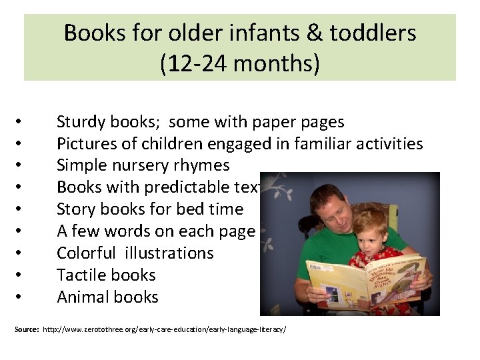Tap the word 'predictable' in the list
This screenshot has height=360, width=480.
coord(188,187)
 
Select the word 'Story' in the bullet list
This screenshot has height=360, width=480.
coord(75,209)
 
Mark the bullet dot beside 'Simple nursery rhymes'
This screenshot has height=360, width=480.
coord(21,166)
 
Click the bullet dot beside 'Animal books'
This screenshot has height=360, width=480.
coord(21,297)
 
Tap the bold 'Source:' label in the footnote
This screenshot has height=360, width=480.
coord(26,330)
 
